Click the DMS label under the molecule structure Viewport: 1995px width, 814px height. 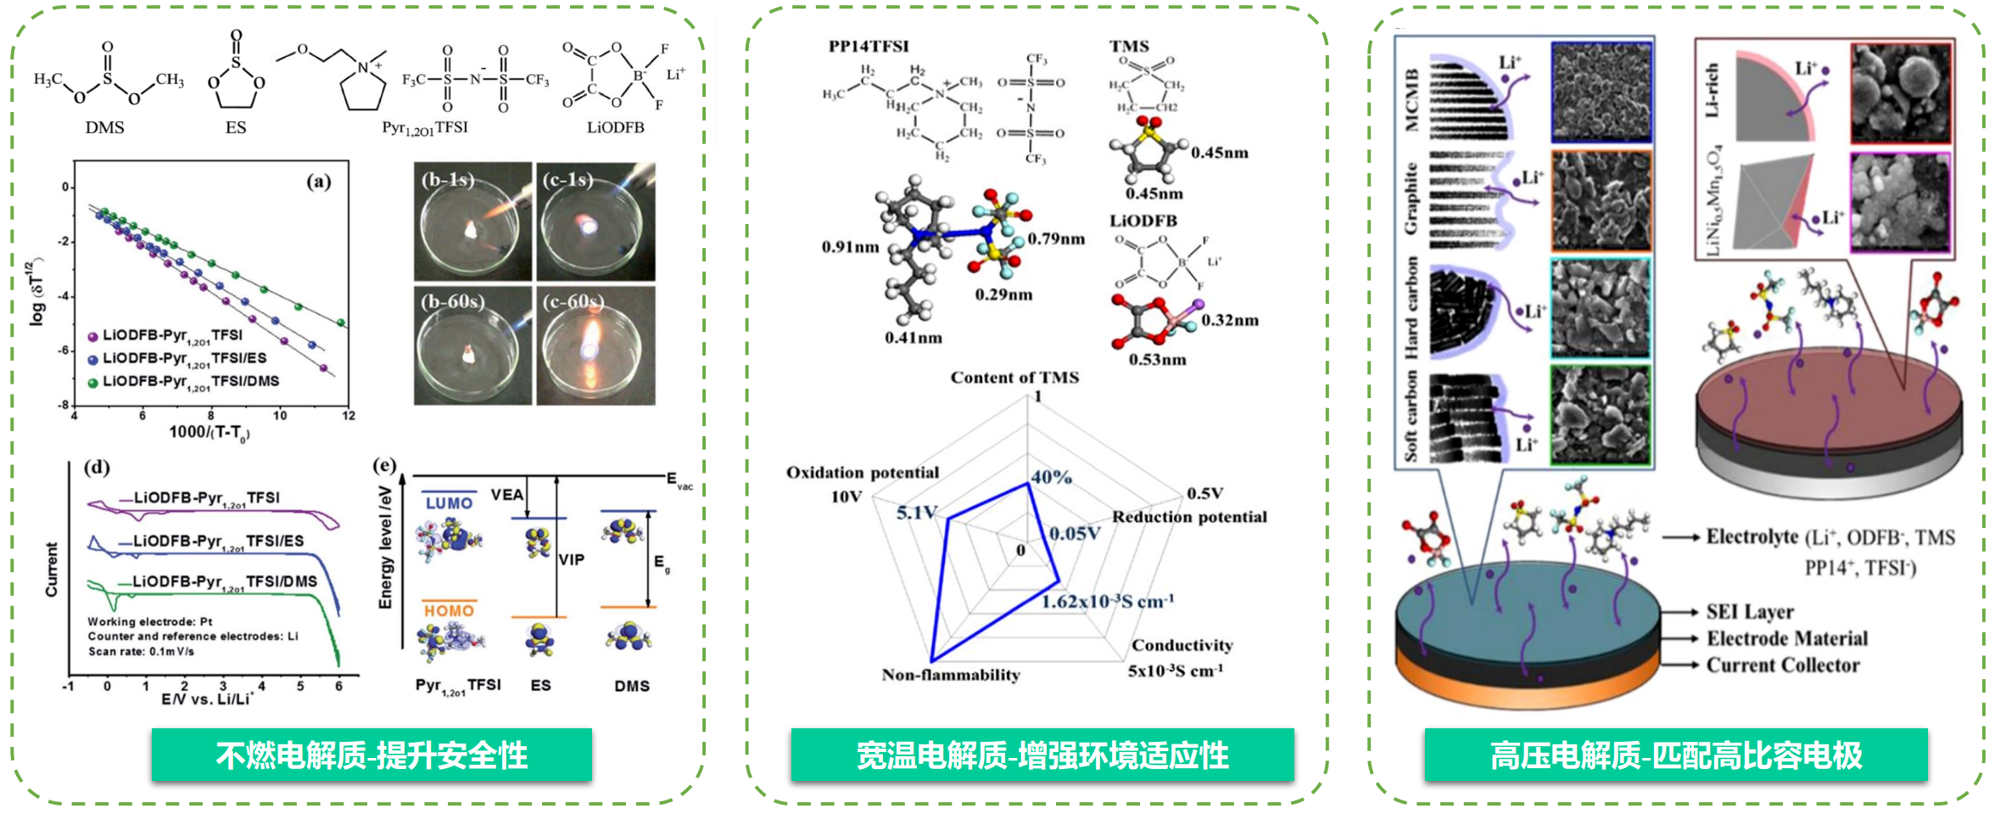coord(104,127)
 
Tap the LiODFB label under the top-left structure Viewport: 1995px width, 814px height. coord(615,127)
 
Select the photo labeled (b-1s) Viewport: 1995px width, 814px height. coord(472,222)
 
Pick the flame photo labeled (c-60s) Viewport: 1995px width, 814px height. coord(595,345)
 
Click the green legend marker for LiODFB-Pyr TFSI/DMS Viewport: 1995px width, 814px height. coord(93,383)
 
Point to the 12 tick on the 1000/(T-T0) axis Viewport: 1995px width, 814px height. coord(348,416)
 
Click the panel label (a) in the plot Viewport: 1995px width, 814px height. coord(319,181)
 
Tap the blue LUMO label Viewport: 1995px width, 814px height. coord(449,503)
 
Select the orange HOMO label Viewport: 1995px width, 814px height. coord(449,610)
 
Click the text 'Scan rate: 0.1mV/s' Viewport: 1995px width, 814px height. coord(142,652)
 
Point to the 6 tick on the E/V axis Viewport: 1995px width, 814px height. coord(338,686)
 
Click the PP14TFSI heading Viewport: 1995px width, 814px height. coord(869,47)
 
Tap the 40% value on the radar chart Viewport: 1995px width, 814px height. coord(1052,477)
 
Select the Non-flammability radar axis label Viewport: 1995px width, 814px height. coord(951,675)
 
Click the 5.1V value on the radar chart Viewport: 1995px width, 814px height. coord(917,513)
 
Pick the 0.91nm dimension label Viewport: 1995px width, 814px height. coord(850,247)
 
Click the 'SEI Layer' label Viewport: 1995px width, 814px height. coord(1750,612)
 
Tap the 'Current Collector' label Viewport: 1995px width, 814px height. coord(1783,665)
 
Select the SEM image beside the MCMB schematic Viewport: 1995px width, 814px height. coord(1601,93)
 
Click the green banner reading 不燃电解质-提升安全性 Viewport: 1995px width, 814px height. coord(372,755)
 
